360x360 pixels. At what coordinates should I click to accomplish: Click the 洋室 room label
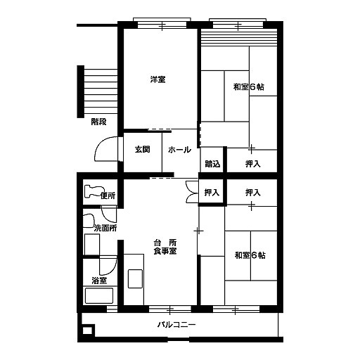157,79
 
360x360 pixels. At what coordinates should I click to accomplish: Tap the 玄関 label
143,149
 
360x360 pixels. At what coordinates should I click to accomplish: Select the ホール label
179,150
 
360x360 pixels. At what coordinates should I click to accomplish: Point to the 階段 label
98,122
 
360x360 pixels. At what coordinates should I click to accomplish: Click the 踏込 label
212,164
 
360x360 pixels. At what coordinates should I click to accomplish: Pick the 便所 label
108,195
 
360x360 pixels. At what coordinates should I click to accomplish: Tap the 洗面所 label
105,228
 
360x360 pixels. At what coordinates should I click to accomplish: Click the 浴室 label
99,281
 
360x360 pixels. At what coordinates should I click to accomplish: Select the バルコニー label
176,325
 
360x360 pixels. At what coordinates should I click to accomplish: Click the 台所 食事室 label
165,247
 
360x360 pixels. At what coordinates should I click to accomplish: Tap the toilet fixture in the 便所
94,191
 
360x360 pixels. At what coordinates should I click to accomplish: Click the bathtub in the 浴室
99,295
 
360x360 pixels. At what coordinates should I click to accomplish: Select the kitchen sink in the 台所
135,278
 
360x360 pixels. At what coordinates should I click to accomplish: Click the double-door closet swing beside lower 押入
191,191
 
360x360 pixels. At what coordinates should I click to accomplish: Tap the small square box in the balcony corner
88,330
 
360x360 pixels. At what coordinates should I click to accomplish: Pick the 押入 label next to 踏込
253,164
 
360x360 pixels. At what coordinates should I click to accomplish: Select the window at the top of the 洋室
162,25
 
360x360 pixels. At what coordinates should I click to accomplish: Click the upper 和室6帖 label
249,87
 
